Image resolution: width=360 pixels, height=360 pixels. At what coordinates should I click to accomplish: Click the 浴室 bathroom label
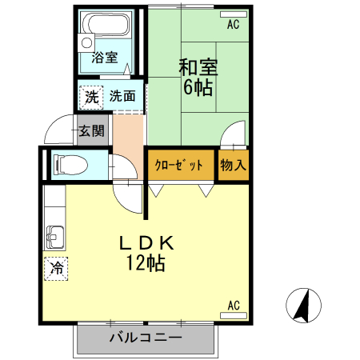tap(104, 58)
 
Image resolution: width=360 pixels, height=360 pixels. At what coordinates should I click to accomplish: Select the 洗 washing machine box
tap(91, 97)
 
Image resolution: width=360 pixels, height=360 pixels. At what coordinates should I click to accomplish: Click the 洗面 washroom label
tap(122, 97)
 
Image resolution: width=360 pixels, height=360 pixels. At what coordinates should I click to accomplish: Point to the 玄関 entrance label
tap(92, 130)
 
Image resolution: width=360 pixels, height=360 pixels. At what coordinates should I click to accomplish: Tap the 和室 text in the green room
tap(198, 68)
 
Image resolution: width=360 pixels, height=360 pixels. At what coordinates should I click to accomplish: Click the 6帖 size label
tap(198, 88)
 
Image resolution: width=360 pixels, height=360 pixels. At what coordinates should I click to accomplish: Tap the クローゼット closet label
tap(179, 166)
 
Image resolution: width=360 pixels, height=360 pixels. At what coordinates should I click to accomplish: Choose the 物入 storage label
tap(233, 166)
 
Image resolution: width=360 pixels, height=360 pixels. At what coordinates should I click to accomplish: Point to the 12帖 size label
tap(146, 263)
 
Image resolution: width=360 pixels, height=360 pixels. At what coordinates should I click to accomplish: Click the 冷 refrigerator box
tap(57, 269)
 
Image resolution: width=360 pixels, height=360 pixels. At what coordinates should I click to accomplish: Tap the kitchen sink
tap(56, 237)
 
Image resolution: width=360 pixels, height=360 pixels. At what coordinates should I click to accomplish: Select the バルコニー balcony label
tap(146, 338)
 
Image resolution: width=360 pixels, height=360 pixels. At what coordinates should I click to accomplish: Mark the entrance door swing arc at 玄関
tap(58, 129)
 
